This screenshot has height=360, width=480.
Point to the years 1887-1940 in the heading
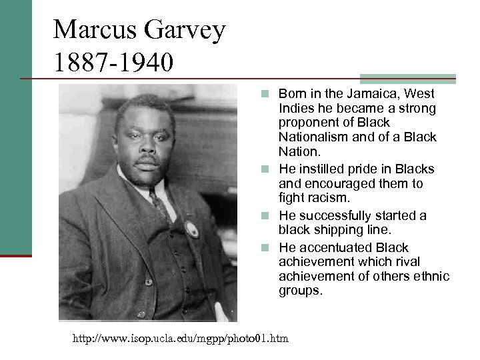tap(114, 63)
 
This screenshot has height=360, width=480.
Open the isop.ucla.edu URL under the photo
tap(181, 339)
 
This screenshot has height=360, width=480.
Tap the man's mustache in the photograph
tap(147, 161)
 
